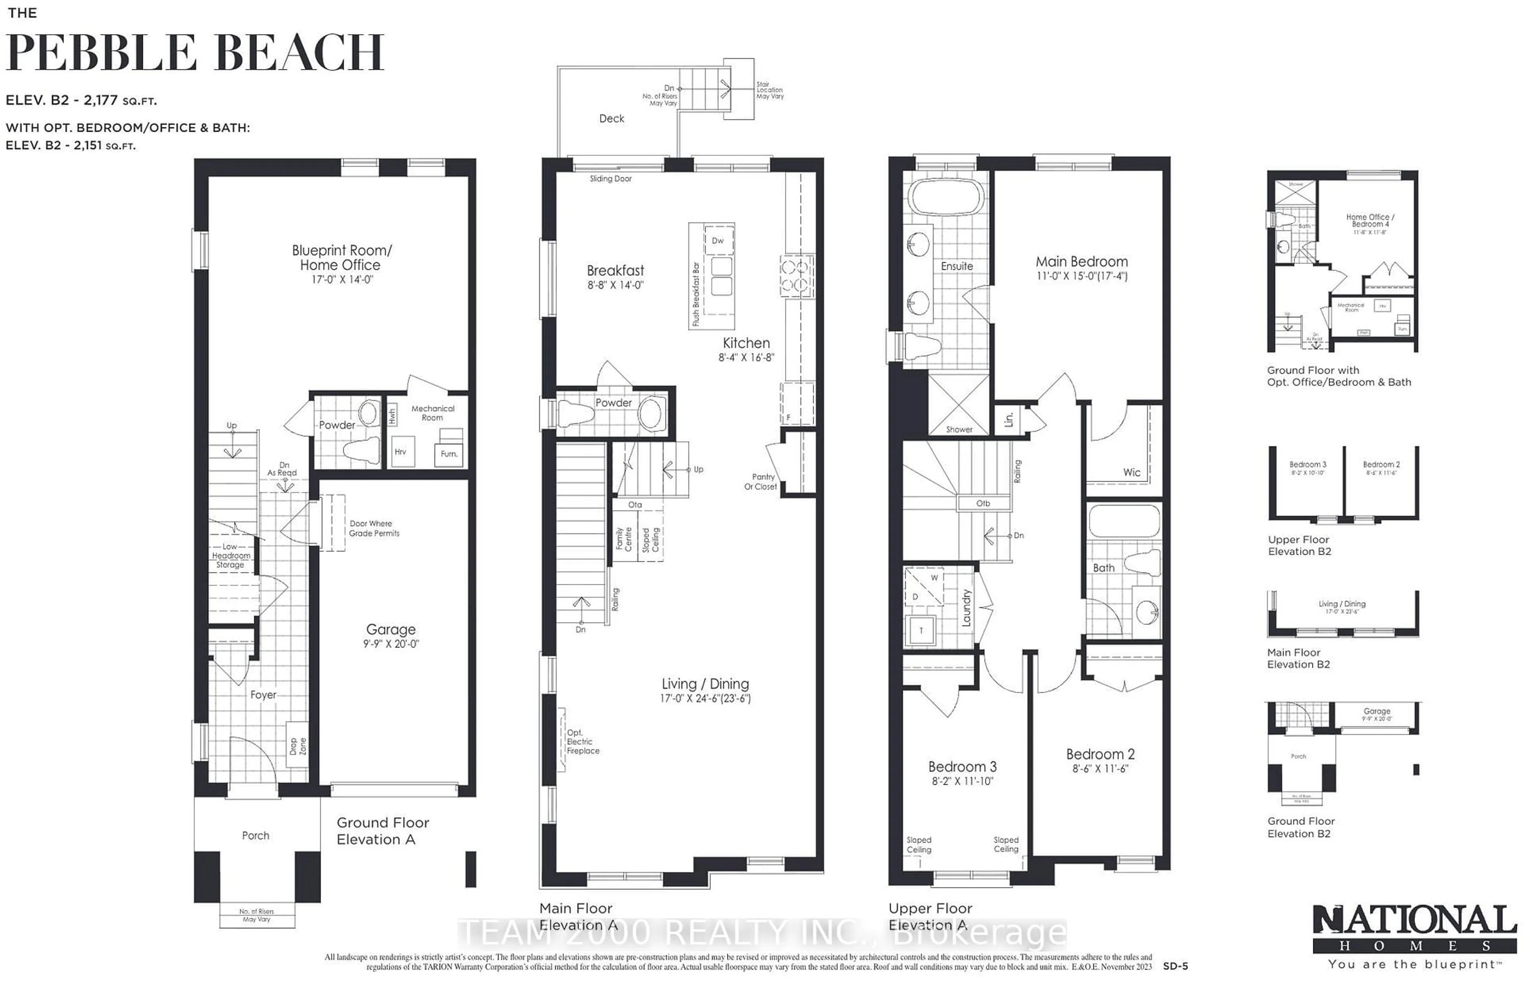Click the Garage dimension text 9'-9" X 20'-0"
391,644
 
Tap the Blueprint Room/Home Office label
341,257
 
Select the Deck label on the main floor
612,119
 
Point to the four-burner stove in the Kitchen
797,276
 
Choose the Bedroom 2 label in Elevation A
1100,754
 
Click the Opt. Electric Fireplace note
583,741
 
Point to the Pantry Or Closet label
761,481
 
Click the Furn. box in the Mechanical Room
449,454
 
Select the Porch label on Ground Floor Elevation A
256,835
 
